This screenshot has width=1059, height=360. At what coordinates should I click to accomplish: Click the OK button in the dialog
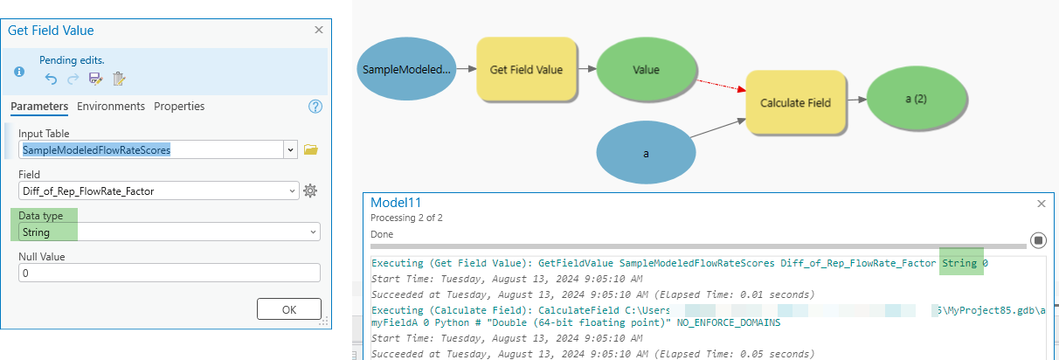tap(288, 309)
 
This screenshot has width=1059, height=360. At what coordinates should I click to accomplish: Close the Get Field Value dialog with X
tap(318, 30)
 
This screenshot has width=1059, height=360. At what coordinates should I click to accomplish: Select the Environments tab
tap(111, 107)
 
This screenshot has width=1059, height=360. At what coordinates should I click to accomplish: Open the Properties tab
tap(179, 107)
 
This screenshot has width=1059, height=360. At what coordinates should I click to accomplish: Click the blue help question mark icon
tap(315, 107)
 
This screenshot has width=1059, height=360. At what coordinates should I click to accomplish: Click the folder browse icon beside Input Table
tap(310, 149)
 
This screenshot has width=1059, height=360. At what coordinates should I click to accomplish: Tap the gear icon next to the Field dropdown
tap(310, 190)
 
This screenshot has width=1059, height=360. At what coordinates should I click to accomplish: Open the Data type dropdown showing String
tap(169, 232)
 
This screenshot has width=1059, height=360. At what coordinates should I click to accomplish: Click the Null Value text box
tap(169, 273)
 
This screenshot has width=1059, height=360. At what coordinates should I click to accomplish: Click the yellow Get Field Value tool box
tap(526, 69)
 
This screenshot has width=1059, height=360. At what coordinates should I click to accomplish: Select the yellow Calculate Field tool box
tap(795, 102)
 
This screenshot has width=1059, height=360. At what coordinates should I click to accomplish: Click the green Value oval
tap(646, 69)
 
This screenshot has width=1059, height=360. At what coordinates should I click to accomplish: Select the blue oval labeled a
tap(646, 153)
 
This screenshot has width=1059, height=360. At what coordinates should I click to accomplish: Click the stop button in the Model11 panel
tap(1038, 239)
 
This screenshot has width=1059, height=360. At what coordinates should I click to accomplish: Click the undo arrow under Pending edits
tap(51, 79)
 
